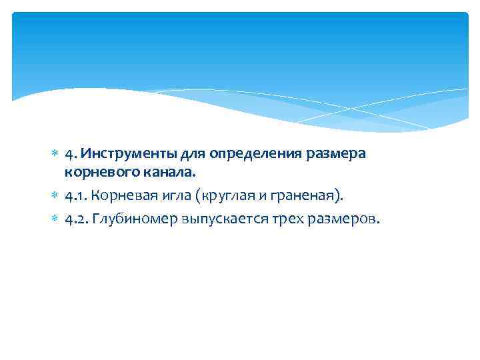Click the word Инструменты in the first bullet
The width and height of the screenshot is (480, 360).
(119, 154)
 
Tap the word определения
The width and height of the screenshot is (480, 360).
(246, 154)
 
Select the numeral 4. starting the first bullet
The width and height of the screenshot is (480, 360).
(69, 154)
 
